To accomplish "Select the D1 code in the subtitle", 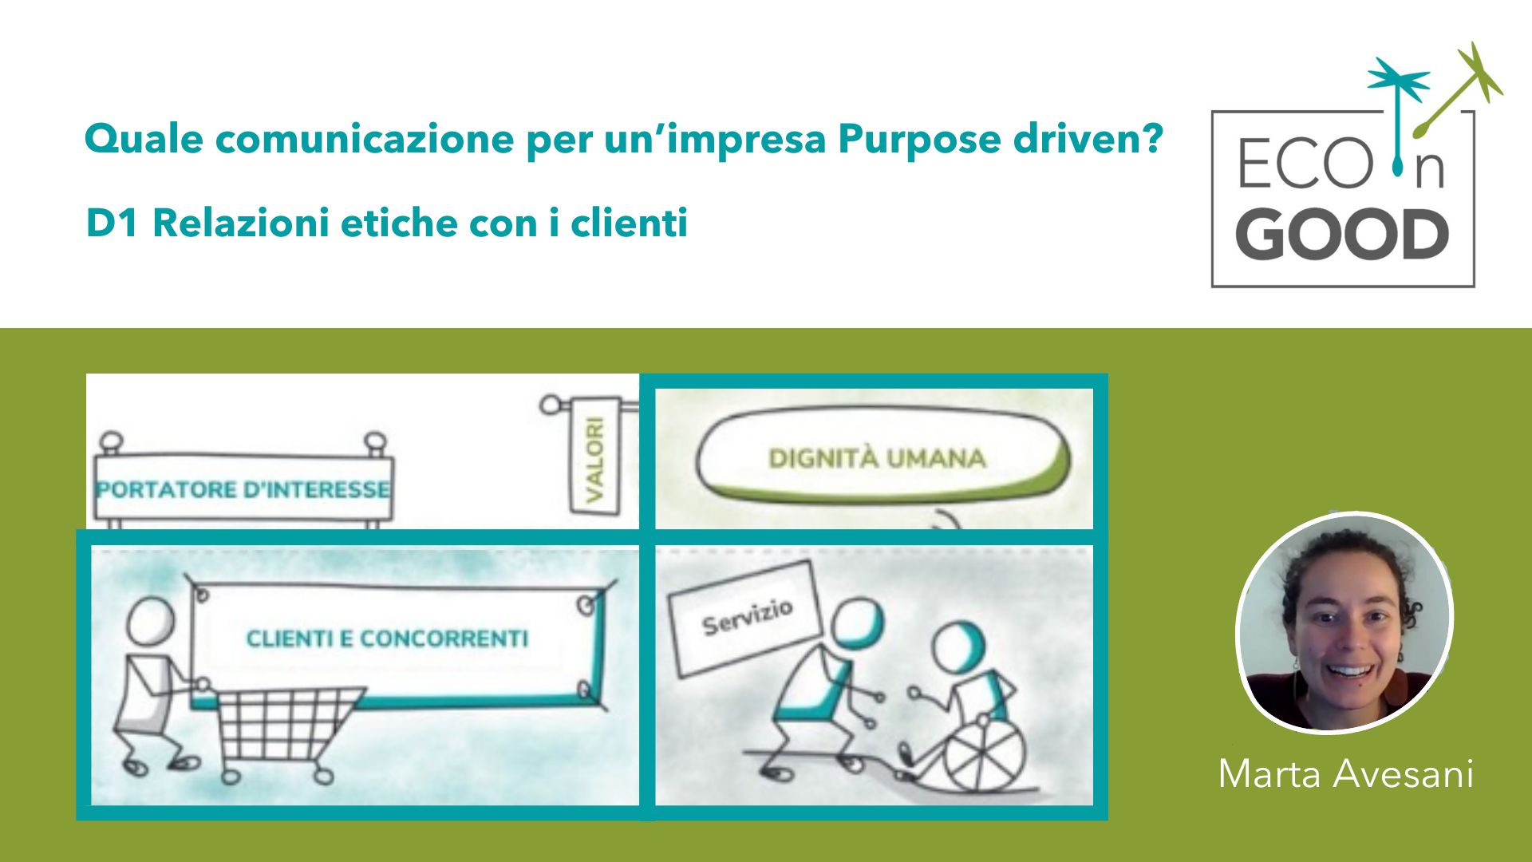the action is [x=113, y=223].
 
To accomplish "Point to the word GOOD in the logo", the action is [x=1342, y=235].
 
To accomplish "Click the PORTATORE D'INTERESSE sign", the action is [x=243, y=488].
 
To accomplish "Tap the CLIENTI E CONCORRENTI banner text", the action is [x=387, y=639].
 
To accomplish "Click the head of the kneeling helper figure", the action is [x=857, y=624].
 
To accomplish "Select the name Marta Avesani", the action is [x=1345, y=773].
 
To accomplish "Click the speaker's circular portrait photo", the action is [x=1345, y=622].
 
